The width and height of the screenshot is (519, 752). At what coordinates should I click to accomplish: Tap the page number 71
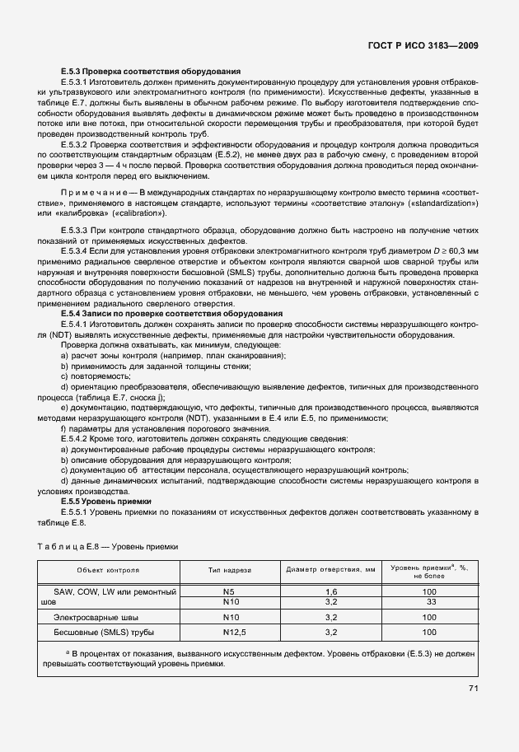tap(473, 688)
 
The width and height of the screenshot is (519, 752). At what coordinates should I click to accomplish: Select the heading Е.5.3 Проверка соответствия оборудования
tap(150, 72)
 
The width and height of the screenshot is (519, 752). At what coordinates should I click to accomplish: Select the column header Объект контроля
tap(108, 569)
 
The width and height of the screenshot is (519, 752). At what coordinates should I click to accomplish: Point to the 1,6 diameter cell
tap(332, 591)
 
